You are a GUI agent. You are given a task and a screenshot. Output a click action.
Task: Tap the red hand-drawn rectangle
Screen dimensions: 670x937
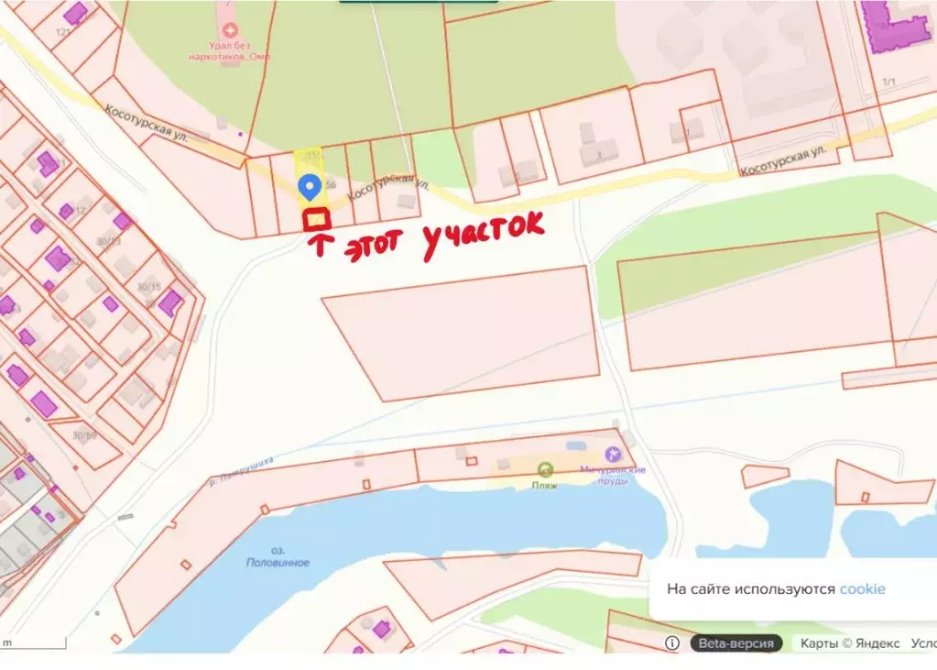tap(317, 220)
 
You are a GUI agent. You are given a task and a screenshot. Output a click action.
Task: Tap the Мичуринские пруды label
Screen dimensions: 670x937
tap(613, 475)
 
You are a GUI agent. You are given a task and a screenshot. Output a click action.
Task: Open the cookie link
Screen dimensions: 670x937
tap(862, 589)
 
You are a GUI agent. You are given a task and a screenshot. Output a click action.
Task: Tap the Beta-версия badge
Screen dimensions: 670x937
tap(735, 643)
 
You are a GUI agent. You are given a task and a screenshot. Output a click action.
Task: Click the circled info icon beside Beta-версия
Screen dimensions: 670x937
tap(671, 643)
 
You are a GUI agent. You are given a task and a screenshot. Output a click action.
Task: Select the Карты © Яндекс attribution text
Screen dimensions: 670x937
tap(850, 643)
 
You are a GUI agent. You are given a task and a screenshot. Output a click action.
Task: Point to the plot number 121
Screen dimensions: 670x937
tap(63, 32)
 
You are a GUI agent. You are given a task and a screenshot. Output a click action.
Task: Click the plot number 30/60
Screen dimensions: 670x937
tap(85, 435)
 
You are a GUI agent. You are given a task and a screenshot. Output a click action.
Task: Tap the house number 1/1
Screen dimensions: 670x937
tap(887, 82)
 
